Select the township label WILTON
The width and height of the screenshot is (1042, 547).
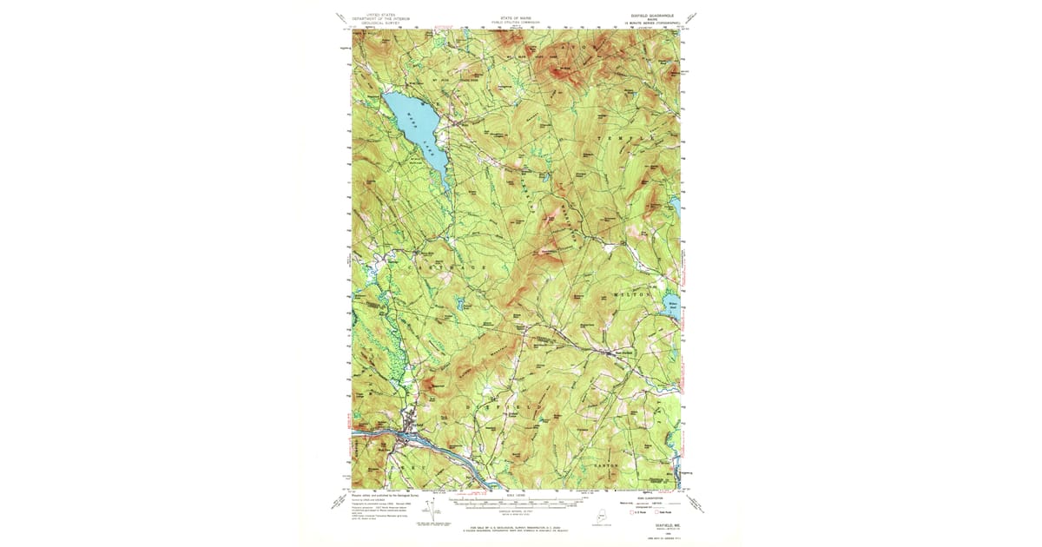tap(631, 295)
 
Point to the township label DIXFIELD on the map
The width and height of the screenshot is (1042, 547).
tap(504, 405)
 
